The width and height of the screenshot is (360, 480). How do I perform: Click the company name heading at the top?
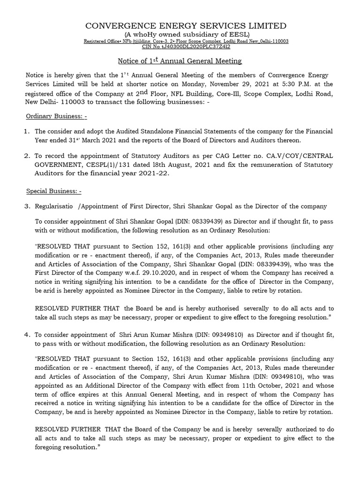185,25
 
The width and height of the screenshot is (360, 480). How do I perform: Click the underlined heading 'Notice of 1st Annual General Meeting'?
180,61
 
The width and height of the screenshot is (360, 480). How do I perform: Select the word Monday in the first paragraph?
204,84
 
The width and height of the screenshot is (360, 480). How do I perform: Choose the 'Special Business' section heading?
53,191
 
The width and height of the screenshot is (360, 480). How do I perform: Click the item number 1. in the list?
27,131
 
